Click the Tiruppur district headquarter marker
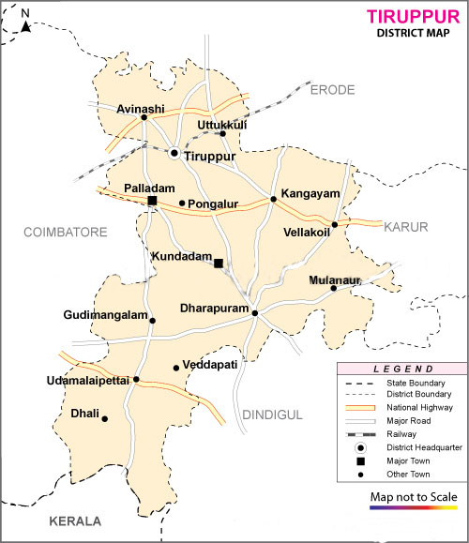(x=174, y=151)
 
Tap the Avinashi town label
(x=141, y=109)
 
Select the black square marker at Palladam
(x=152, y=200)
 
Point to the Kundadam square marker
(x=219, y=264)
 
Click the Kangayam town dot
(x=273, y=199)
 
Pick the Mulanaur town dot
(x=333, y=288)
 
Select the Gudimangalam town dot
(x=153, y=321)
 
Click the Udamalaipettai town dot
(x=136, y=380)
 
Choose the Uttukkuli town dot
(x=222, y=134)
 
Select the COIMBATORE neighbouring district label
(x=61, y=230)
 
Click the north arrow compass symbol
(x=25, y=23)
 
